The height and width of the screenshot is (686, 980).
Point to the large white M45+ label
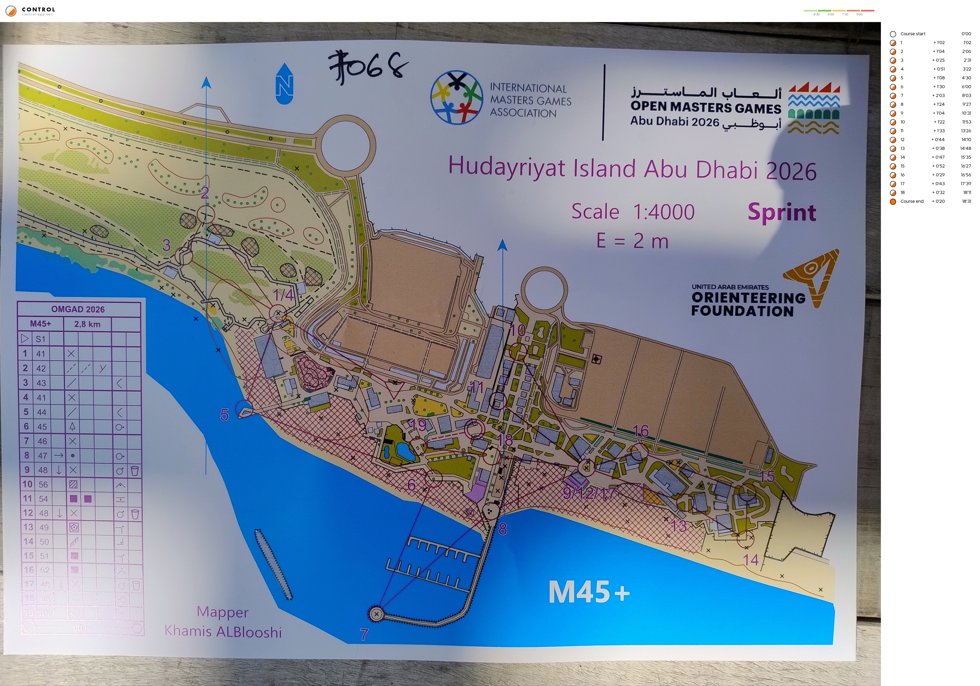(x=589, y=592)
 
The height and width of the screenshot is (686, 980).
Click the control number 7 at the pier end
(x=364, y=634)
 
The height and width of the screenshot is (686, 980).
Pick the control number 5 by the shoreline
(x=224, y=415)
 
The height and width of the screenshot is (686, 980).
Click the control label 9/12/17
(x=589, y=493)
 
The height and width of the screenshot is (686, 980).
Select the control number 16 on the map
(x=640, y=431)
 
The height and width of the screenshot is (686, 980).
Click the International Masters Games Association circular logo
(x=456, y=97)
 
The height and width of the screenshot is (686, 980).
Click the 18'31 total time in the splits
(x=966, y=201)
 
